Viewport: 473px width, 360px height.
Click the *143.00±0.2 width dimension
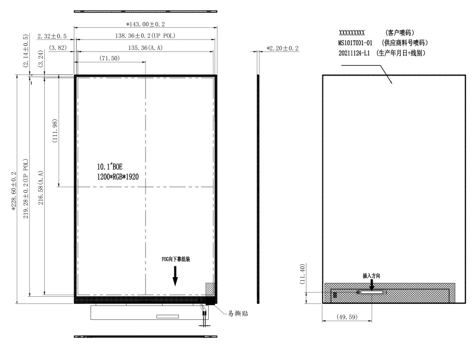[145, 24]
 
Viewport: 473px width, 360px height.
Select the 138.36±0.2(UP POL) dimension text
[145, 35]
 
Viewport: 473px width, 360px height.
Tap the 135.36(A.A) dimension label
[145, 48]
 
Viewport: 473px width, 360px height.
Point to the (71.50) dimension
[110, 58]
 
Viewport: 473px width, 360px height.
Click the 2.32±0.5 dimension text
[52, 36]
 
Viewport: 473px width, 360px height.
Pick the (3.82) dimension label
[58, 48]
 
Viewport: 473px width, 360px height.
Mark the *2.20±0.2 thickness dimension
[283, 48]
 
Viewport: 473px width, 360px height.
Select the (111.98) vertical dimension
[55, 131]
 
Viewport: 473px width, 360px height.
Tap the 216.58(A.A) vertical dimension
[41, 188]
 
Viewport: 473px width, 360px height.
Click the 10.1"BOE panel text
[110, 167]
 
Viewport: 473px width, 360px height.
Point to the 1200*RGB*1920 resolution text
[118, 177]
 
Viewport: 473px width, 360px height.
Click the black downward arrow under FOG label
[175, 276]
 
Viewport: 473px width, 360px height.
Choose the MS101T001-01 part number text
[355, 43]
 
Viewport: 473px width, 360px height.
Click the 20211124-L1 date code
[354, 53]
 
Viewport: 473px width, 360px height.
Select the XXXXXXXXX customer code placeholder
[352, 33]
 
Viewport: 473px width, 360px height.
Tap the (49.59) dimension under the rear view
[347, 317]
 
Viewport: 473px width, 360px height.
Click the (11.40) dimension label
[302, 274]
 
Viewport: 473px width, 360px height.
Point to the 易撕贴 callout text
[238, 313]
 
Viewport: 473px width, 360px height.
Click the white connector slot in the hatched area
[372, 292]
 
